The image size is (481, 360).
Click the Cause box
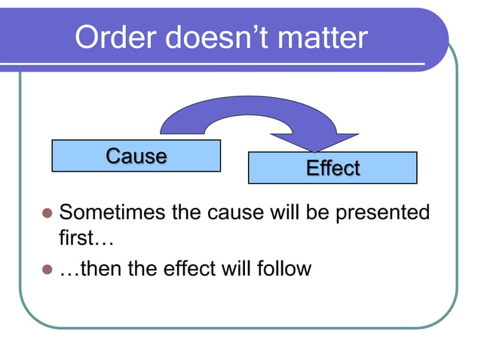136,156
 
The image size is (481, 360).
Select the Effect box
332,168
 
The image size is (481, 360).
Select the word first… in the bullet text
85,239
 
